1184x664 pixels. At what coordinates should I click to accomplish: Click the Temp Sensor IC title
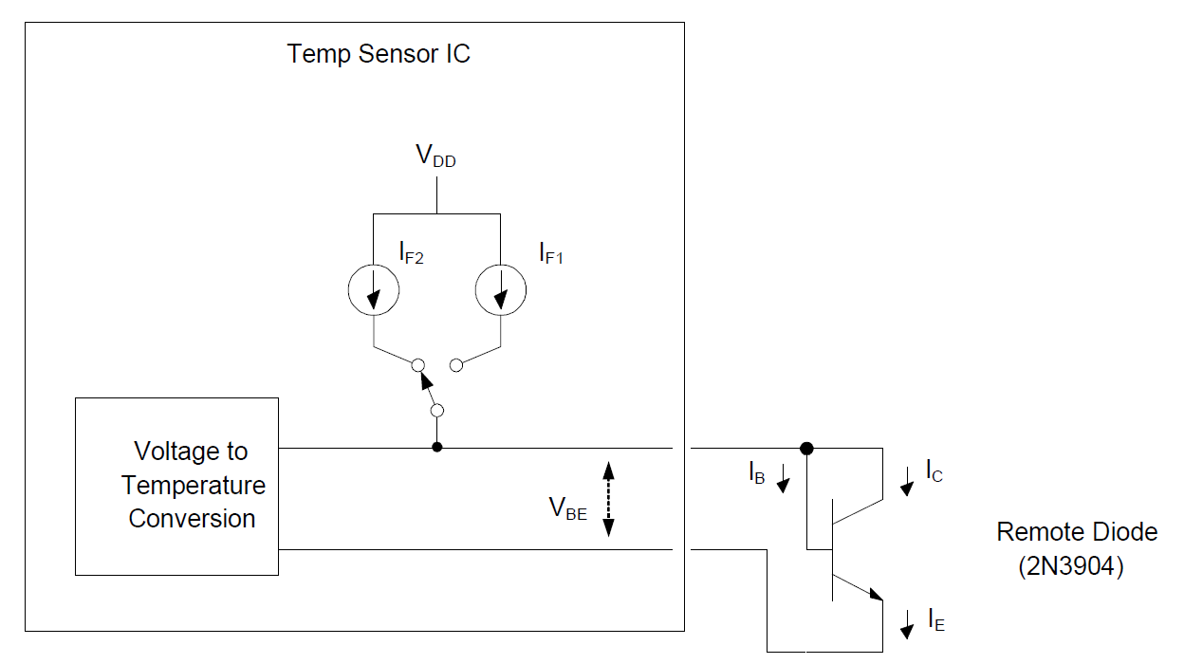(x=379, y=53)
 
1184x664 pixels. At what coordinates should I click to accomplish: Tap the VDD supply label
(x=435, y=157)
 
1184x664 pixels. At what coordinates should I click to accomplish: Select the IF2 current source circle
(x=374, y=290)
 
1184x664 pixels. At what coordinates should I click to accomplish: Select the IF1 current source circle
(x=499, y=290)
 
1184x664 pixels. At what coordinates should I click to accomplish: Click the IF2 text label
(x=411, y=253)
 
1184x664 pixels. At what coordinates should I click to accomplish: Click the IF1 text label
(x=551, y=253)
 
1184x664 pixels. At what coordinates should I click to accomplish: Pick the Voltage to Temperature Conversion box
(x=177, y=486)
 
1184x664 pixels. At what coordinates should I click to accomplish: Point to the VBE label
(x=567, y=509)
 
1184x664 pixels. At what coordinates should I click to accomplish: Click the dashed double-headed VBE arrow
(x=609, y=498)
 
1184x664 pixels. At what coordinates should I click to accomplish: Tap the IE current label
(x=935, y=620)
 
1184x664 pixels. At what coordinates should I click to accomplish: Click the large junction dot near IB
(x=806, y=448)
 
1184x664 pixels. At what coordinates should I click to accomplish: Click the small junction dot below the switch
(x=436, y=448)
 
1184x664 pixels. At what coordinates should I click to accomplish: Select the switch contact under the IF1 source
(x=456, y=365)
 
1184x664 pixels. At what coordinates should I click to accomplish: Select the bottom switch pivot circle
(x=436, y=411)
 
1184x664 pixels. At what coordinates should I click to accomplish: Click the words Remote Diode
(x=1077, y=532)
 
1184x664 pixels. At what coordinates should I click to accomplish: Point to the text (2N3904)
(x=1071, y=567)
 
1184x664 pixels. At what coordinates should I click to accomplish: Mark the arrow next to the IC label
(x=907, y=482)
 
